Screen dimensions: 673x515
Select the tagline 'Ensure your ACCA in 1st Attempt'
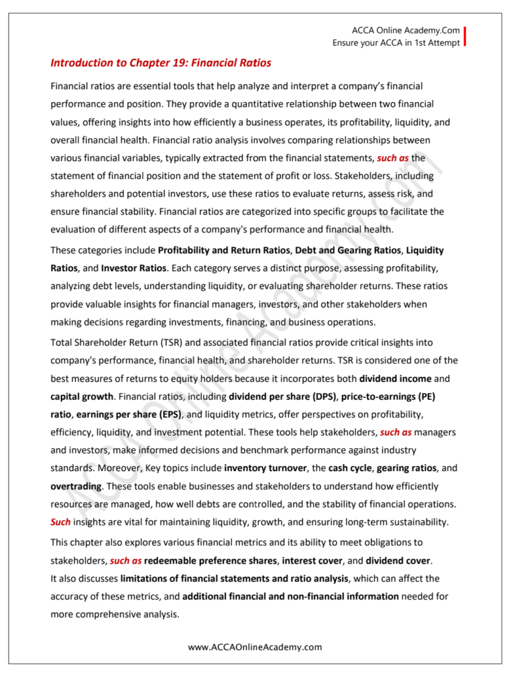click(x=396, y=43)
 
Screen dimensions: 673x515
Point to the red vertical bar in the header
click(x=465, y=37)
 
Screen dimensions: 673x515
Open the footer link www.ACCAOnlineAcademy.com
click(x=255, y=647)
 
